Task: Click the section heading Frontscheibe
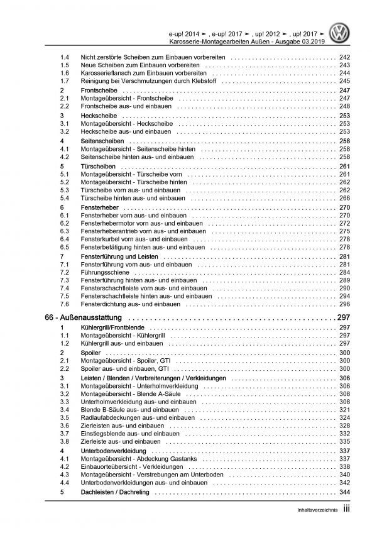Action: pos(96,91)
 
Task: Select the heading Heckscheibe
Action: pos(94,117)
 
